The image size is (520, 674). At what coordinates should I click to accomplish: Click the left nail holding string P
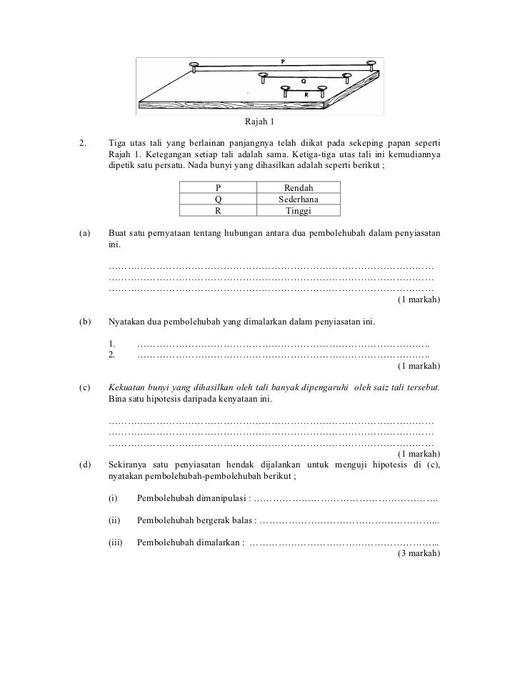(x=194, y=66)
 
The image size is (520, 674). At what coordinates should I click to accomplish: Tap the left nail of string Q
(x=264, y=75)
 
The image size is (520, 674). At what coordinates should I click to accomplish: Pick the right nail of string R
(x=321, y=89)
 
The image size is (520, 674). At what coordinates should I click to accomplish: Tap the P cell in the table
(x=219, y=187)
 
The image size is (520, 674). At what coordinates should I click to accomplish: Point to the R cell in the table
(x=219, y=212)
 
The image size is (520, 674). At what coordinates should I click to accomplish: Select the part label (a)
(x=84, y=234)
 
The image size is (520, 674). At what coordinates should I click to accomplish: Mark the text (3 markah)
(x=418, y=552)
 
